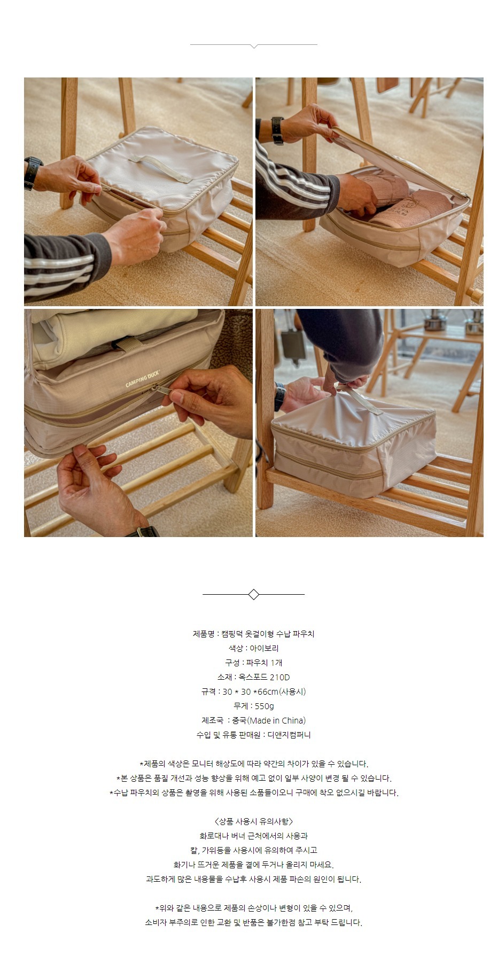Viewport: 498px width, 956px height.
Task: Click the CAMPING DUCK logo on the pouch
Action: pos(143,378)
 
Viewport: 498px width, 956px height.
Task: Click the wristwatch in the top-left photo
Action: pos(33,173)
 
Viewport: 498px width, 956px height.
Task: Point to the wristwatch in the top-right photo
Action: pos(277,130)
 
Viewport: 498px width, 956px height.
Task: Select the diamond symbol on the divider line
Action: pos(254,594)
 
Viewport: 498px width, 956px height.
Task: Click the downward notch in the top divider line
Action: pos(254,46)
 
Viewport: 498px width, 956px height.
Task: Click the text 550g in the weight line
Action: pos(264,706)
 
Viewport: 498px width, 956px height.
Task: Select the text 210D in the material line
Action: pos(279,677)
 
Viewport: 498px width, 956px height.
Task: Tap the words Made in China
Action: pos(277,720)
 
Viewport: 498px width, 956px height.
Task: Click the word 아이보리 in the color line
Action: pos(264,648)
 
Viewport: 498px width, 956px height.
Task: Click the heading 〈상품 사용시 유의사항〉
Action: pos(254,821)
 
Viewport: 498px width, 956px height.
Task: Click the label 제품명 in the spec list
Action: pos(204,634)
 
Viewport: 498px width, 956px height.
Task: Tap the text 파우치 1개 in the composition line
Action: pos(264,663)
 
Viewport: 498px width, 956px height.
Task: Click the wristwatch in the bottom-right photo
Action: pos(279,397)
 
